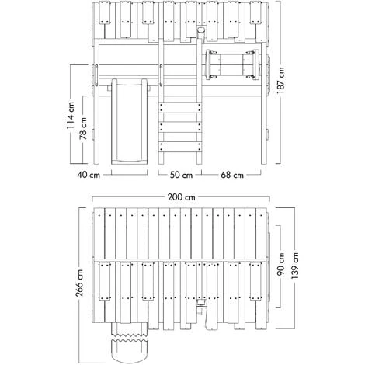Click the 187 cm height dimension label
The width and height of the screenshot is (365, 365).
point(281,80)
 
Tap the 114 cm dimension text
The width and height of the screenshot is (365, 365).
point(70,115)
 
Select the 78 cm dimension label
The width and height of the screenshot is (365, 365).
point(83,128)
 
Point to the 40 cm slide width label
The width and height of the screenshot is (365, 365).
point(89,175)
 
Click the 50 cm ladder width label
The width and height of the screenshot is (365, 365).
point(181,175)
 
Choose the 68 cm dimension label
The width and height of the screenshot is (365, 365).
point(232,175)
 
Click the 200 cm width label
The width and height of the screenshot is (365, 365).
point(181,197)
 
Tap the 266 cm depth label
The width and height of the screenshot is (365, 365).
point(79,283)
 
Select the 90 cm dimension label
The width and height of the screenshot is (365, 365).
point(280,264)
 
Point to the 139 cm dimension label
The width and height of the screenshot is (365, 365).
point(294,266)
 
